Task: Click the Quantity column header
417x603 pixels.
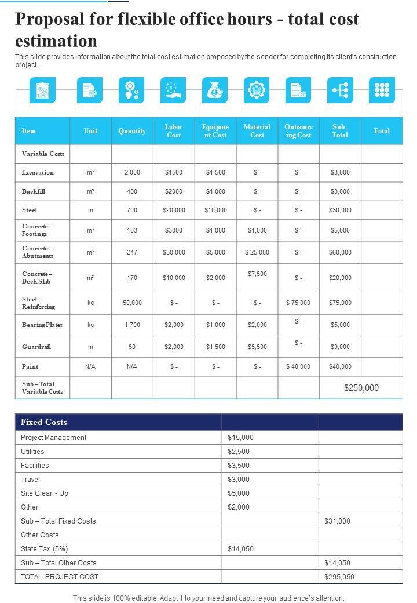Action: pyautogui.click(x=132, y=131)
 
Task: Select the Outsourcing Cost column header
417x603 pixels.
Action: pyautogui.click(x=298, y=131)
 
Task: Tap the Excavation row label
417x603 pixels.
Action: pyautogui.click(x=38, y=172)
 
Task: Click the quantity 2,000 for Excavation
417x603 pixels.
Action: pyautogui.click(x=132, y=172)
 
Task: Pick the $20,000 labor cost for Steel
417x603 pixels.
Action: pyautogui.click(x=174, y=210)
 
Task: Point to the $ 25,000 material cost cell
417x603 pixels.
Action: pyautogui.click(x=257, y=252)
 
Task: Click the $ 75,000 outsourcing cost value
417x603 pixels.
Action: pyautogui.click(x=298, y=303)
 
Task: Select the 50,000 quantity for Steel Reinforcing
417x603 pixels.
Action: pyautogui.click(x=132, y=303)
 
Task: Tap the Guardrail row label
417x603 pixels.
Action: pyautogui.click(x=36, y=347)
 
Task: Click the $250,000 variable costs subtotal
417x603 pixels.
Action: pyautogui.click(x=361, y=388)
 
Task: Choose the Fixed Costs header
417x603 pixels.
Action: pyautogui.click(x=44, y=422)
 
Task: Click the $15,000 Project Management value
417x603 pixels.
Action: pyautogui.click(x=240, y=438)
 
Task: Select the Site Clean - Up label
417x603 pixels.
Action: pyautogui.click(x=45, y=493)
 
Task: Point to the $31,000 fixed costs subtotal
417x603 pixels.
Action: pyautogui.click(x=337, y=521)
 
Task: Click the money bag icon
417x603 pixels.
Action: pyautogui.click(x=215, y=90)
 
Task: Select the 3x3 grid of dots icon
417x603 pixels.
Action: pyautogui.click(x=382, y=90)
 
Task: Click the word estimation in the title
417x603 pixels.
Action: pyautogui.click(x=56, y=41)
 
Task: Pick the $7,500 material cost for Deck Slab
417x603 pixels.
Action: pyautogui.click(x=257, y=274)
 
